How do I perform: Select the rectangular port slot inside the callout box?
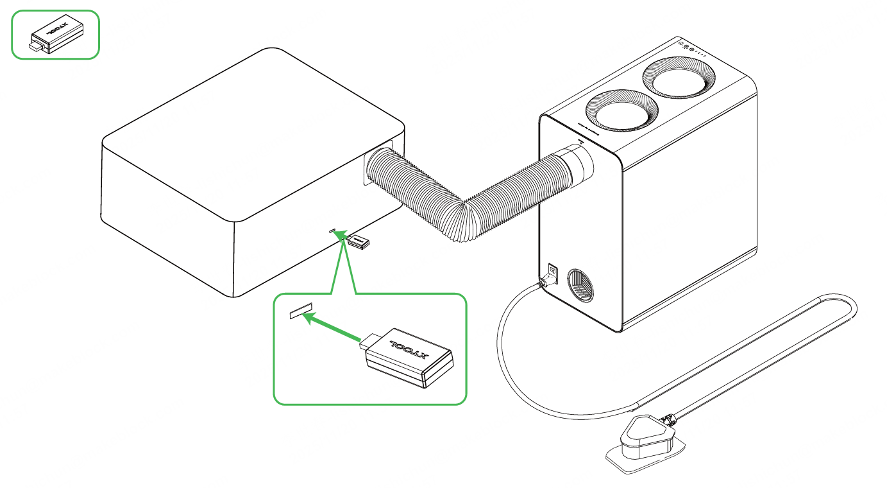pos(300,312)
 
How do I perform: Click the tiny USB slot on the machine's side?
pos(332,229)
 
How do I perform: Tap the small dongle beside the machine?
pos(357,242)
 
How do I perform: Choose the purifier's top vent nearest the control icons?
pos(679,79)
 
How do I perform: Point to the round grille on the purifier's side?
pos(581,284)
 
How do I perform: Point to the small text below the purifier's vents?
pos(586,122)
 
